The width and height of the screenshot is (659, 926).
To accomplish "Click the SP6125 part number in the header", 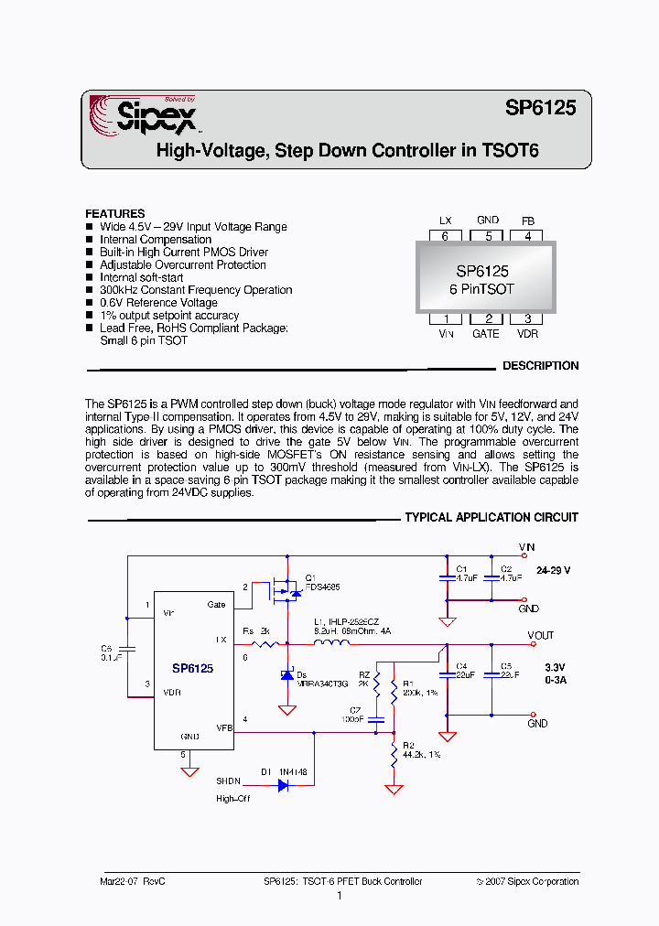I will [x=540, y=108].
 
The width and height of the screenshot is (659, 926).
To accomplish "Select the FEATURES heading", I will [x=115, y=213].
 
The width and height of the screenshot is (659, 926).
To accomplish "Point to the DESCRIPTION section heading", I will [x=540, y=366].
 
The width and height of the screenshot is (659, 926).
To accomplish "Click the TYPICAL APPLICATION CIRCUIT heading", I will [x=492, y=518].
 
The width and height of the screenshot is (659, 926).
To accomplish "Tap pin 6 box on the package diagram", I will [x=446, y=236].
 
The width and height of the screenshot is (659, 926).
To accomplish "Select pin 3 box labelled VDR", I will [x=527, y=318].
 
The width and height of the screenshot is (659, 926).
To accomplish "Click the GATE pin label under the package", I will [x=486, y=334].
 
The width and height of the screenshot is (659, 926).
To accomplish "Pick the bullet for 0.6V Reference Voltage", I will [x=90, y=303].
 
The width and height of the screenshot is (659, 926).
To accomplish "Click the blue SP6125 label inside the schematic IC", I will [x=192, y=669].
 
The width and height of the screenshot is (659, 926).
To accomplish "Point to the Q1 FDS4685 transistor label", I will [x=322, y=582].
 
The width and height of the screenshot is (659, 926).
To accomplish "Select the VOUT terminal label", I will [x=541, y=635].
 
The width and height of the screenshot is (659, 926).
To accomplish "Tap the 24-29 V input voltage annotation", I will [x=554, y=570].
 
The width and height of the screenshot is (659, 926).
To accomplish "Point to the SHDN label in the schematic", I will [x=228, y=781].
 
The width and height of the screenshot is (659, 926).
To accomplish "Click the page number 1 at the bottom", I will [x=339, y=896].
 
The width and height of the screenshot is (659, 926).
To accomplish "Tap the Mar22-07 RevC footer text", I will [x=132, y=881].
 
